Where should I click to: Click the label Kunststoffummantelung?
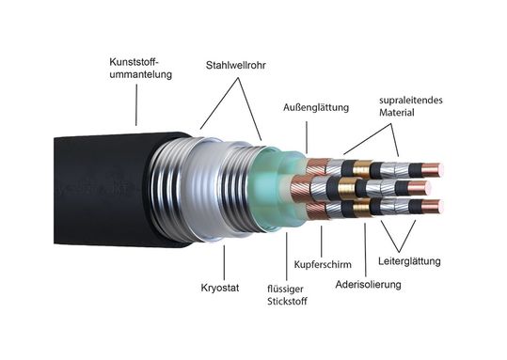tap(140, 69)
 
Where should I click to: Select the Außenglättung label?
tap(315, 107)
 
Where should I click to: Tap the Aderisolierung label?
tap(369, 284)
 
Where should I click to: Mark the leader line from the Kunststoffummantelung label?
tap(137, 103)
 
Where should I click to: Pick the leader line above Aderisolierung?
tap(365, 244)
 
